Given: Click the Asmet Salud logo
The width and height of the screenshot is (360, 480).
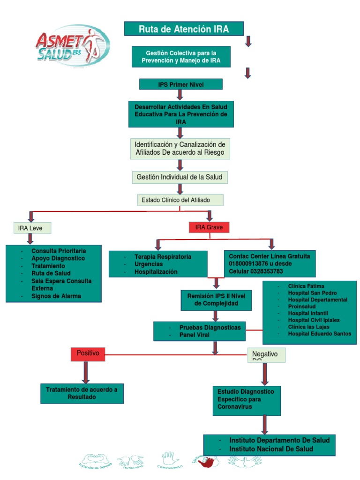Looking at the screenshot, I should (x=73, y=46).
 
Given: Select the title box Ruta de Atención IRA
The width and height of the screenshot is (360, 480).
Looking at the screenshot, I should (x=183, y=29).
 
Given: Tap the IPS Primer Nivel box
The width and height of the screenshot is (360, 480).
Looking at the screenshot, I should (x=180, y=84).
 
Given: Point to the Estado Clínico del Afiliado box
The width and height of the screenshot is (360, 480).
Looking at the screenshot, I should (x=180, y=200).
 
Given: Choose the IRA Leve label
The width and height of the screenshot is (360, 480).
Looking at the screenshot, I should (x=31, y=228).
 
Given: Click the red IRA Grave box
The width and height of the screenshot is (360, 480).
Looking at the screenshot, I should (x=209, y=227).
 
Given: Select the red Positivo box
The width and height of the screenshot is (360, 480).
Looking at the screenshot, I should (x=88, y=353).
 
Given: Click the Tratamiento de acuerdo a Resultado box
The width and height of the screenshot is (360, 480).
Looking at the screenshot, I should (x=82, y=393).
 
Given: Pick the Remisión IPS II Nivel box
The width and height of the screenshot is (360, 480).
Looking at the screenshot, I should (x=216, y=300).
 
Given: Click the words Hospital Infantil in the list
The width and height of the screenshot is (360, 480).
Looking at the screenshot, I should (x=307, y=313).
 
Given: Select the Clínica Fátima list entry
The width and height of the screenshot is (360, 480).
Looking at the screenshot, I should (x=306, y=286).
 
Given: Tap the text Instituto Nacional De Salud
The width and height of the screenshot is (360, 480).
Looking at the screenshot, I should (x=271, y=449).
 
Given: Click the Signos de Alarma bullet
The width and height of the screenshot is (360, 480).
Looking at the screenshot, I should (x=56, y=296).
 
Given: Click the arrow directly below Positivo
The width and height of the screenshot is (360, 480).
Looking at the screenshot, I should (x=86, y=372).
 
